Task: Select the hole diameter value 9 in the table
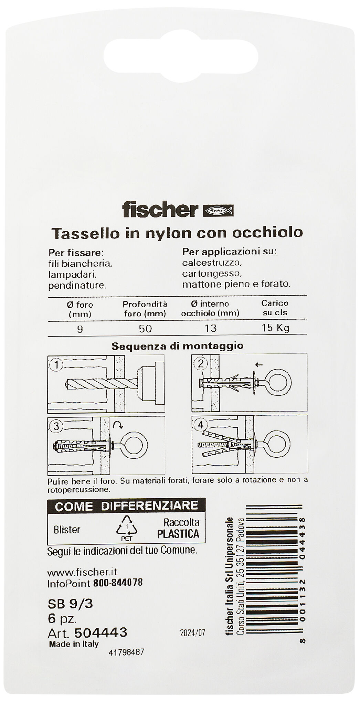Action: click(80, 329)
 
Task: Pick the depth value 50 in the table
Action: click(145, 329)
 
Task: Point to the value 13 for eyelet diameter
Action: click(210, 328)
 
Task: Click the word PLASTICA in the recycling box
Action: click(178, 534)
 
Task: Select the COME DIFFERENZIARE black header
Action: click(126, 506)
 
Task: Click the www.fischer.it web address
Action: click(83, 572)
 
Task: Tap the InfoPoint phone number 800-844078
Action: click(118, 583)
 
